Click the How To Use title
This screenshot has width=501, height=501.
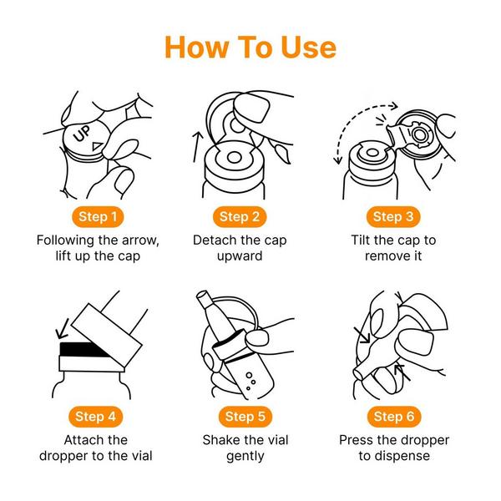250,48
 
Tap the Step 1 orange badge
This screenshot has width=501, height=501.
98,216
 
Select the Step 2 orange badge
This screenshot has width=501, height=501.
240,216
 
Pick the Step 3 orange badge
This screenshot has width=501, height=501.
393,216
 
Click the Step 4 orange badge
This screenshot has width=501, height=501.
95,417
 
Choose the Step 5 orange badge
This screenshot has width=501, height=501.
245,417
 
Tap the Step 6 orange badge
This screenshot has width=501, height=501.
394,417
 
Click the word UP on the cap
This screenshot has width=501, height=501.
82,134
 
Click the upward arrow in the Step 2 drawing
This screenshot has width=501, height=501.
197,147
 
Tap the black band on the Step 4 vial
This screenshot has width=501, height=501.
83,349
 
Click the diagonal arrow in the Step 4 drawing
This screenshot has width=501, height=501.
63,329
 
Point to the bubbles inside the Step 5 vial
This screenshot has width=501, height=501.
250,382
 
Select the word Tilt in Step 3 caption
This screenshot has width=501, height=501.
360,240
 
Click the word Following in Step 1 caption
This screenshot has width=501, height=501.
65,240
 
